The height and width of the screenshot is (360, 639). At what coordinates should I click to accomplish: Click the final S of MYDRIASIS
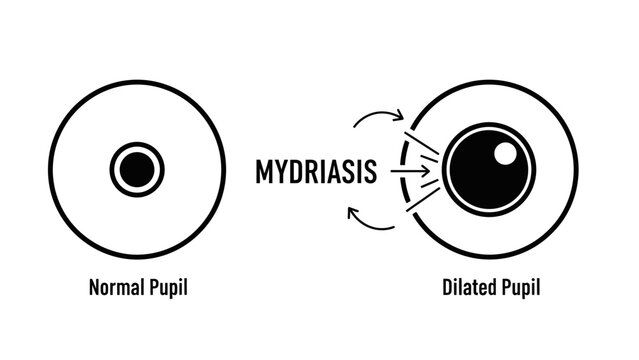tap(369, 172)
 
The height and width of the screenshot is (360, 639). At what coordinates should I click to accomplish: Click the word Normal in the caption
tap(113, 290)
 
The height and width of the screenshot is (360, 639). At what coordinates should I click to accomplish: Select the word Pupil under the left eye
tap(166, 290)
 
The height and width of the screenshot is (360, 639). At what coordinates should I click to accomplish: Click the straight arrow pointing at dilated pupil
tap(404, 172)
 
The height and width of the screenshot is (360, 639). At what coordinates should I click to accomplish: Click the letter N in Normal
tap(94, 290)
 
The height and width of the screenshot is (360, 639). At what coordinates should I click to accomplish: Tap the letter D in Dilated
tap(448, 290)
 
